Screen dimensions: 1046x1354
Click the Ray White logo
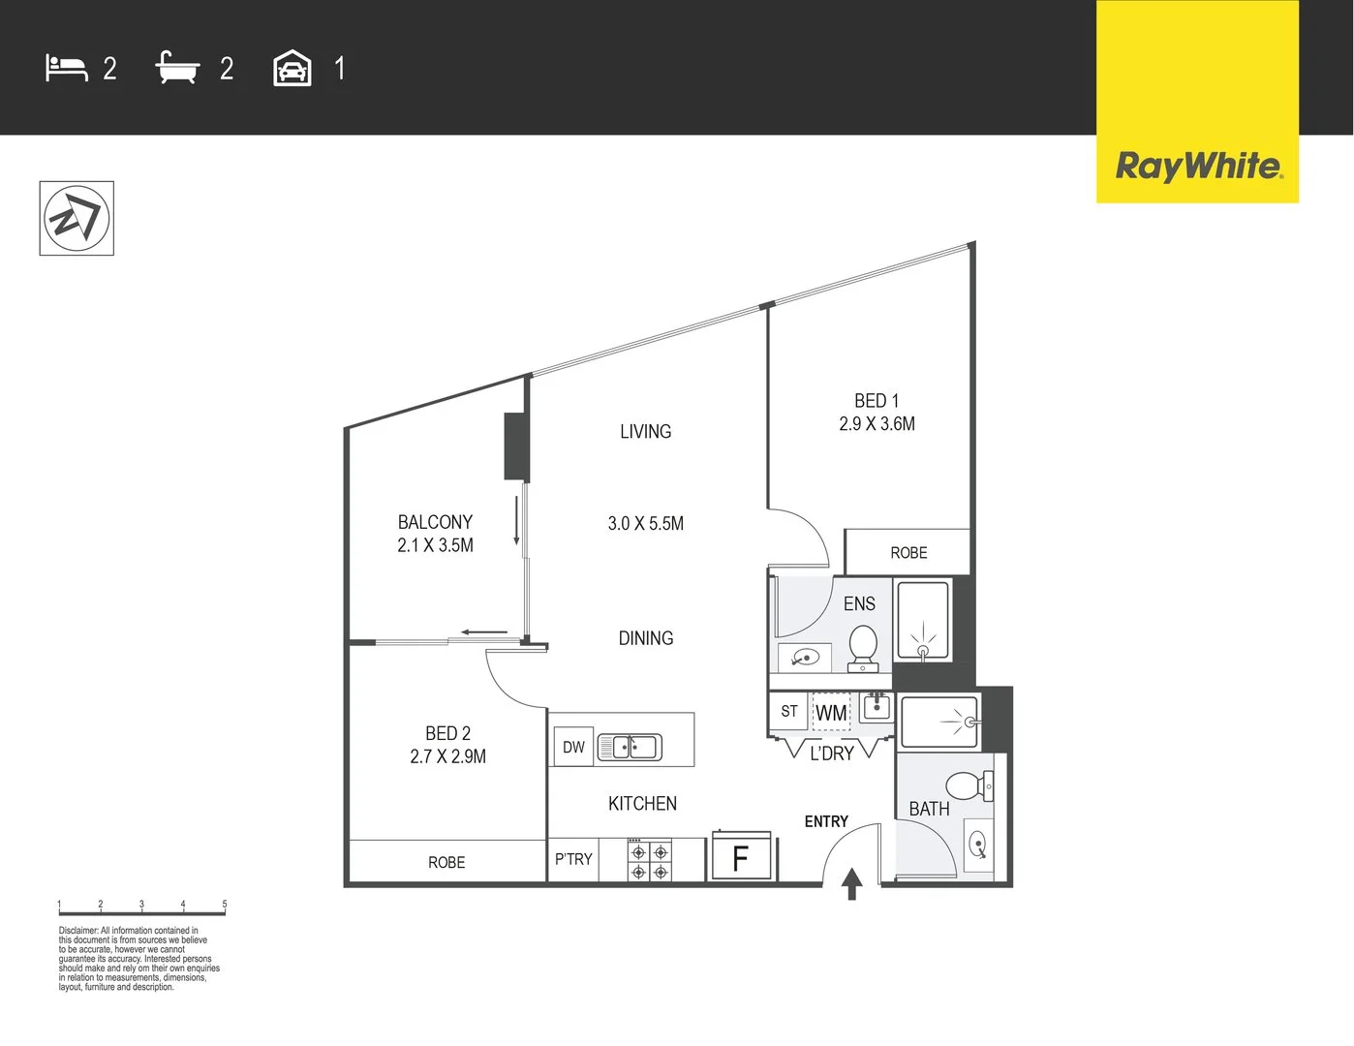pos(1198,166)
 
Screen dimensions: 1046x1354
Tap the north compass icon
pos(77,218)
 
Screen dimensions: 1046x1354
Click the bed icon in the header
pos(67,68)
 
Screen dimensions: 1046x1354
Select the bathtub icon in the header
pos(177,68)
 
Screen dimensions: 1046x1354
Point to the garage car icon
pos(292,69)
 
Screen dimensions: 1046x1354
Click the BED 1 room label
pos(877,401)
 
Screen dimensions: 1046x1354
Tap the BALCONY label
pos(435,522)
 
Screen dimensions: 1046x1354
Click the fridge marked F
pos(741,857)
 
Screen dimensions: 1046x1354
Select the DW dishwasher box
pos(573,747)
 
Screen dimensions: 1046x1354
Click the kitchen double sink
pos(630,747)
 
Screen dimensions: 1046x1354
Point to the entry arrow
pos(851,883)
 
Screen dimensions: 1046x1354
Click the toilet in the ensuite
pos(863,647)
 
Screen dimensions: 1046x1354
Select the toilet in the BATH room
pos(967,784)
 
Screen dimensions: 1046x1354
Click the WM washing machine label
pos(831,714)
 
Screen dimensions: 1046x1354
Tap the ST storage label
pos(789,711)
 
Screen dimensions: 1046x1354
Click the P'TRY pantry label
pos(573,859)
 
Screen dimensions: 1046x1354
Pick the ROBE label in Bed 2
pos(446,862)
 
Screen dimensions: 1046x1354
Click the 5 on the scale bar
pos(225,904)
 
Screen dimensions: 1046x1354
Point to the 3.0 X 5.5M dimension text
pos(646,524)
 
